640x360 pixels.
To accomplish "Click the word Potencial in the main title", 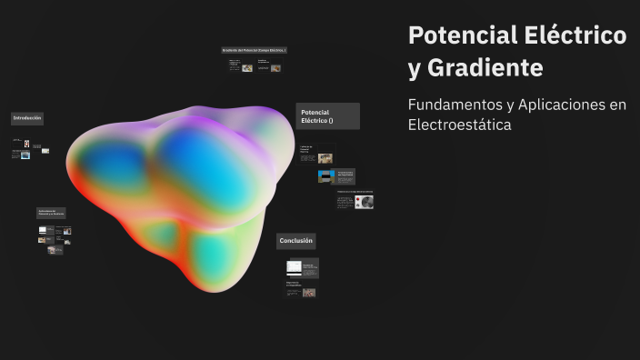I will [462, 35].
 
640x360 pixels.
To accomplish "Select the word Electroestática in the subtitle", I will [459, 125].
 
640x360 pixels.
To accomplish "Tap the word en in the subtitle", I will [618, 105].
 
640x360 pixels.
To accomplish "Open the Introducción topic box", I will [27, 118].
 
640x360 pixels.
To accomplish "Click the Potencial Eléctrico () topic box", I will [327, 116].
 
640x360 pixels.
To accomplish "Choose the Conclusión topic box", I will [296, 241].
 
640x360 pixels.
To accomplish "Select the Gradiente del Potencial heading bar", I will [255, 50].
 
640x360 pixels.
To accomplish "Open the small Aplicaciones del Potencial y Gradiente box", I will [51, 213].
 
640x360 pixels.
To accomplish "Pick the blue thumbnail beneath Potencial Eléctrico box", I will [325, 176].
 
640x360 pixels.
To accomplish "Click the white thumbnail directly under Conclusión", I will [294, 267].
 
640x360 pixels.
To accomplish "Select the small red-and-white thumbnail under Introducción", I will [26, 144].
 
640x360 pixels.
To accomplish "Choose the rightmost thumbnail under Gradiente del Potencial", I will [275, 67].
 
